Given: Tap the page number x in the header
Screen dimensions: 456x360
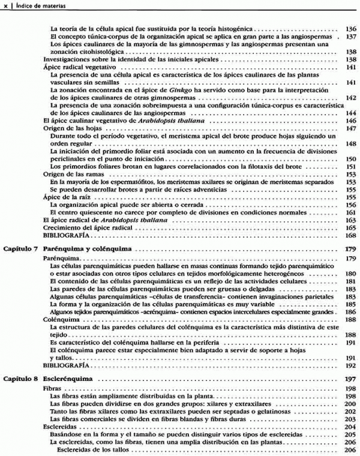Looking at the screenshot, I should pos(5,5).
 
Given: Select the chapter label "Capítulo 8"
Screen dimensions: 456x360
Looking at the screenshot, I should pos(21,380).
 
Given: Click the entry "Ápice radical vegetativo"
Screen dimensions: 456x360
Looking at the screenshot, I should pos(77,67).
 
